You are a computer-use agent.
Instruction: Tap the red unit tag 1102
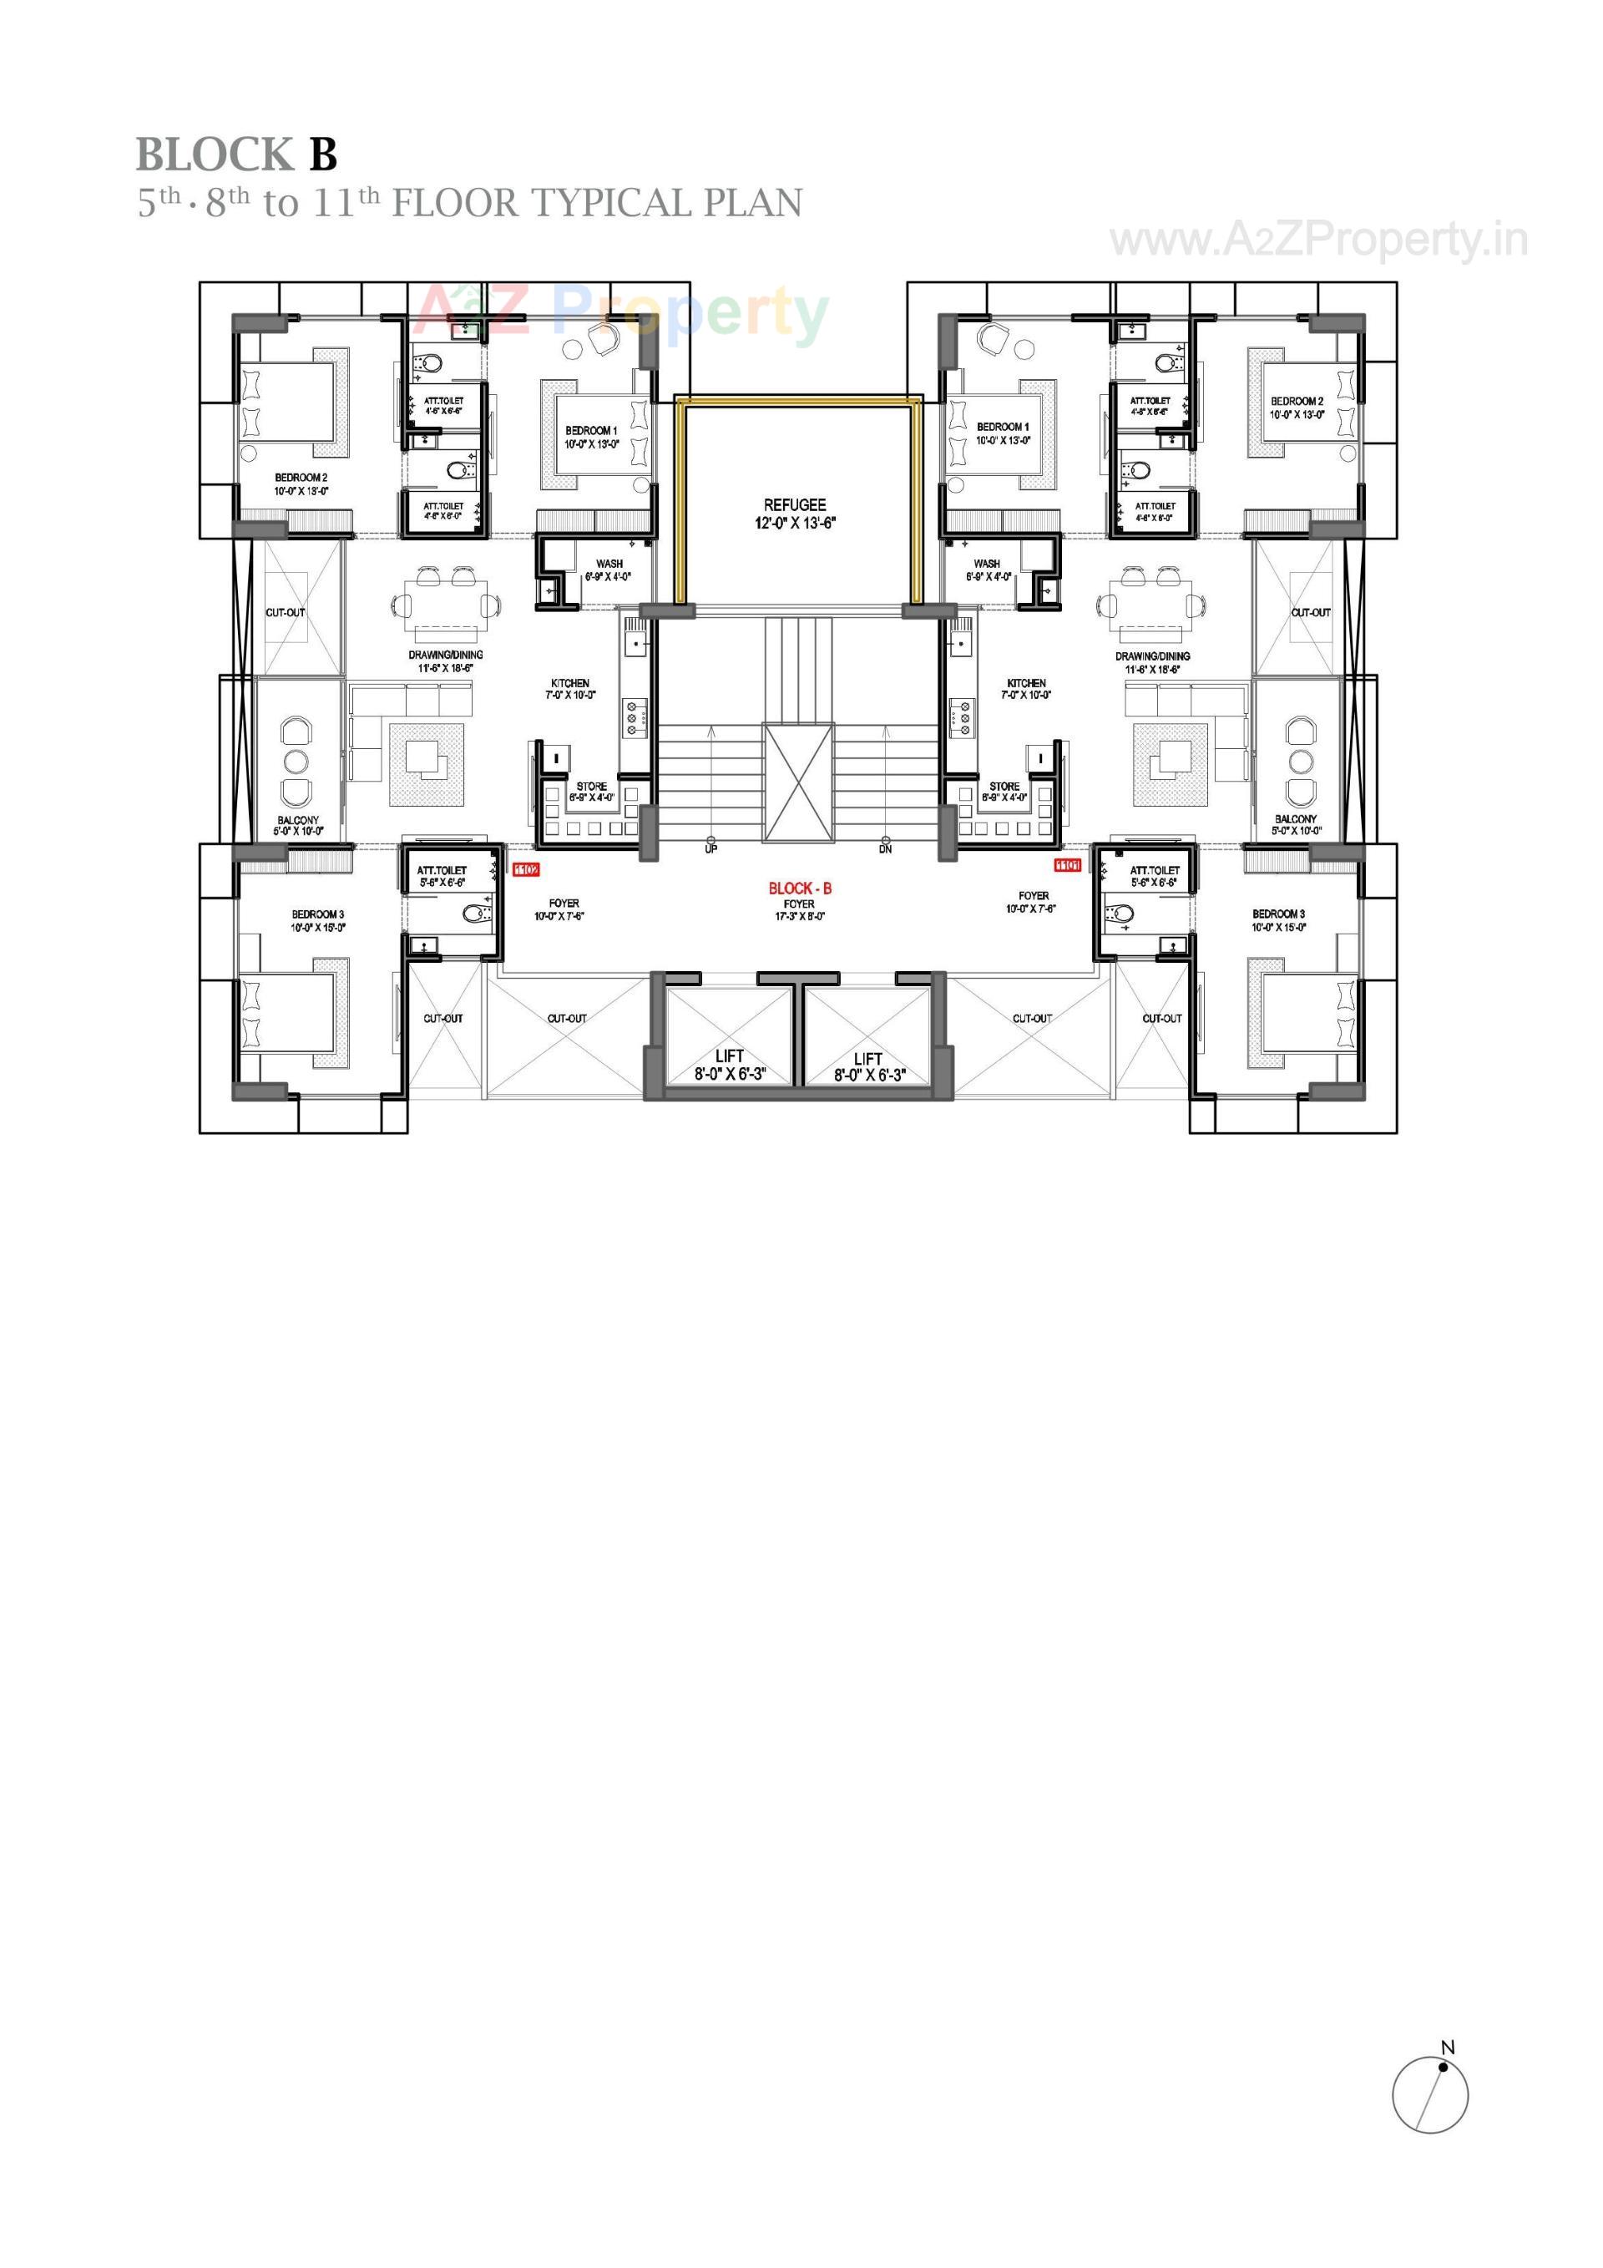[x=525, y=869]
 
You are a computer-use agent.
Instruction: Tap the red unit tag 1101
[x=1067, y=865]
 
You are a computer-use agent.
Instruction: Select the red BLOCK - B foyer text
[x=799, y=888]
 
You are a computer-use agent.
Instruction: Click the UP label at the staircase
[x=710, y=849]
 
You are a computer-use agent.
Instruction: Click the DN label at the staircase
[x=885, y=849]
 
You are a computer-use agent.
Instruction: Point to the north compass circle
[x=1429, y=2094]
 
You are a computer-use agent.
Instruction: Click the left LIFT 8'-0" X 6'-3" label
[x=729, y=1065]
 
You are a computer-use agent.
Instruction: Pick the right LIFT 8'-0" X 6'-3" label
[x=868, y=1067]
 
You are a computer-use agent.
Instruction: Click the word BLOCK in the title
[x=215, y=155]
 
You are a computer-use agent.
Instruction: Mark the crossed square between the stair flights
[x=798, y=782]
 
